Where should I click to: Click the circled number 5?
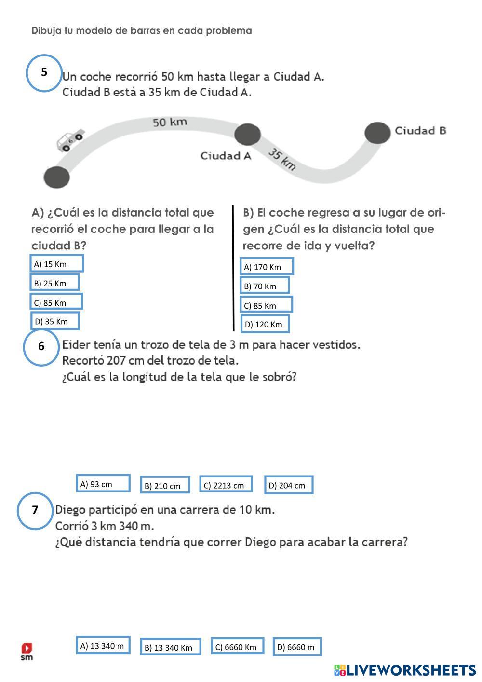(x=44, y=73)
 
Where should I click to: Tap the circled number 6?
(x=41, y=347)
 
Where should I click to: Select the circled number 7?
(x=35, y=510)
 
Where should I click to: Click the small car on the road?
(x=69, y=140)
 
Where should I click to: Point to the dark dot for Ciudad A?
(x=247, y=134)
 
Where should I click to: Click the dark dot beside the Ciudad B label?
(x=377, y=133)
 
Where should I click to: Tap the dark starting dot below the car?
(x=56, y=177)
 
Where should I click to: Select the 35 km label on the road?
(x=282, y=159)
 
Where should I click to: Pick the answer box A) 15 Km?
(x=56, y=263)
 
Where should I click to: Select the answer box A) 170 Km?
(x=267, y=266)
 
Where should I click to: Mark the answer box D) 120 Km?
(x=265, y=324)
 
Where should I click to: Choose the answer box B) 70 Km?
(x=265, y=286)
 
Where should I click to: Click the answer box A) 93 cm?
(x=103, y=483)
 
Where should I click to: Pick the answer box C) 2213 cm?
(x=226, y=485)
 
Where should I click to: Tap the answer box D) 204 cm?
(x=289, y=485)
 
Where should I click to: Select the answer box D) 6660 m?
(x=297, y=647)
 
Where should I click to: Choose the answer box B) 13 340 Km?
(x=171, y=647)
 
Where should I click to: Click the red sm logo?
(x=27, y=650)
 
